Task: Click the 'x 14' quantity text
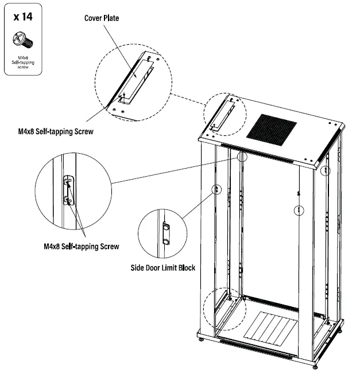[22, 17]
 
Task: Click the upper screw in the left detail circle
[68, 182]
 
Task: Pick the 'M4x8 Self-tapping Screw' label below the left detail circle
[81, 247]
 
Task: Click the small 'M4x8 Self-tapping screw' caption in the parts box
[22, 62]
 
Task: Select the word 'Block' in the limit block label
[184, 267]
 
